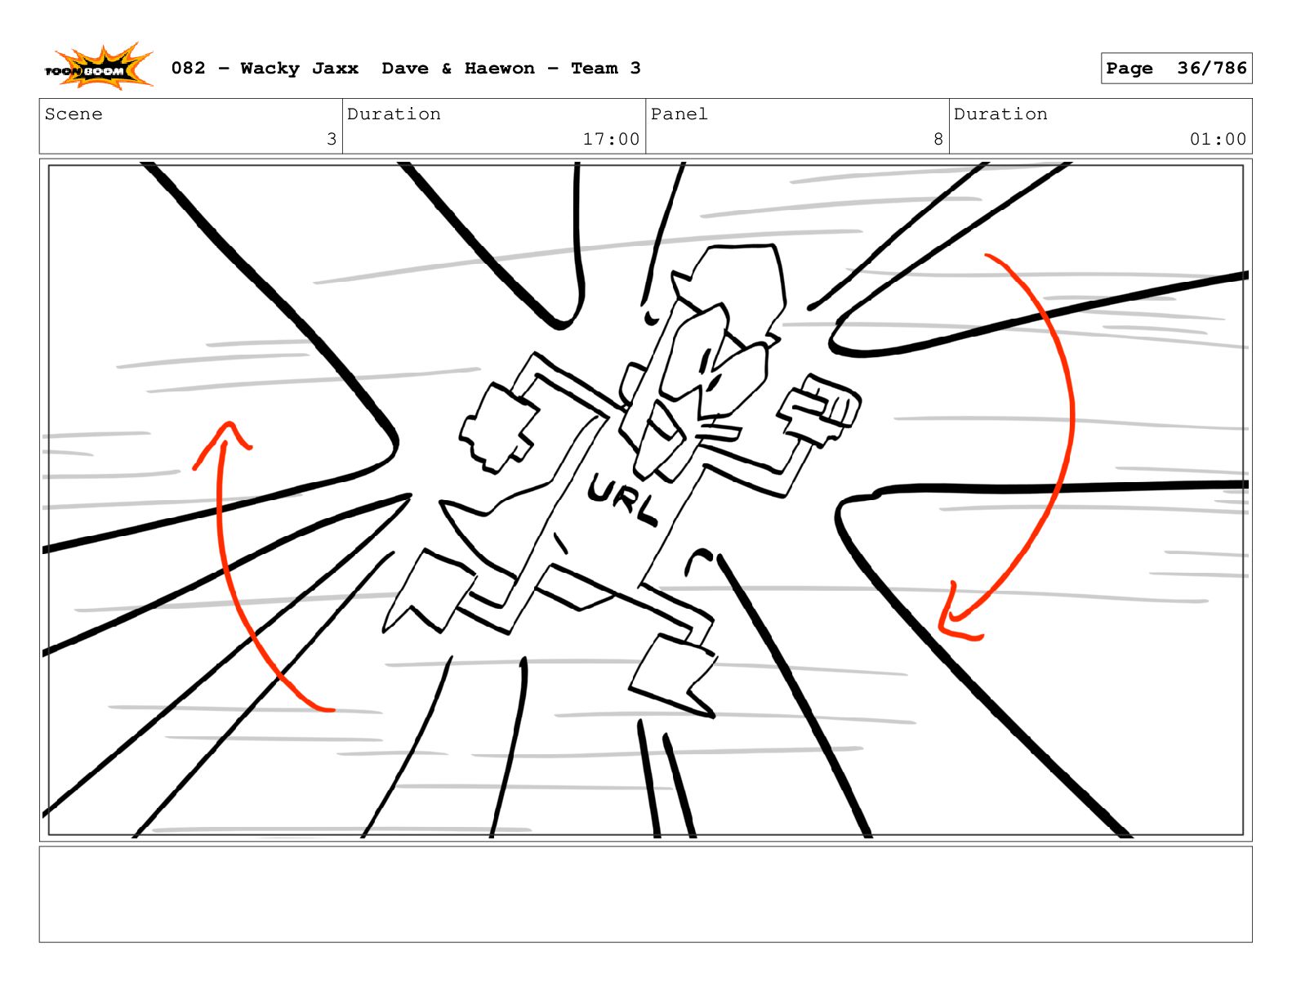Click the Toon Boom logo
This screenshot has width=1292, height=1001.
point(99,67)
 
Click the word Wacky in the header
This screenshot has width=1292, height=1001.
point(270,69)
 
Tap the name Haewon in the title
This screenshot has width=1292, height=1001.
point(499,69)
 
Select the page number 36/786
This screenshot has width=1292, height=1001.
point(1211,68)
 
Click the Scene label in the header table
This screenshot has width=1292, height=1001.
point(74,114)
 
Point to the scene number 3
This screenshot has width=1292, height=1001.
point(332,139)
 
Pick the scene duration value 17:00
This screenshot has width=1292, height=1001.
point(611,139)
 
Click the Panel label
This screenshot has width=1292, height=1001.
point(679,114)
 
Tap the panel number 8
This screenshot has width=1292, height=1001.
point(938,139)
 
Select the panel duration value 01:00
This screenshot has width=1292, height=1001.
point(1217,139)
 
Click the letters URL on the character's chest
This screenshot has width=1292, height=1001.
point(621,498)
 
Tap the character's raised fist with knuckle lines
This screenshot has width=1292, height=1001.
point(819,409)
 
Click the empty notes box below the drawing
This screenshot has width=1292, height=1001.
point(645,894)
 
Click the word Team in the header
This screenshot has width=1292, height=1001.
point(594,69)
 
